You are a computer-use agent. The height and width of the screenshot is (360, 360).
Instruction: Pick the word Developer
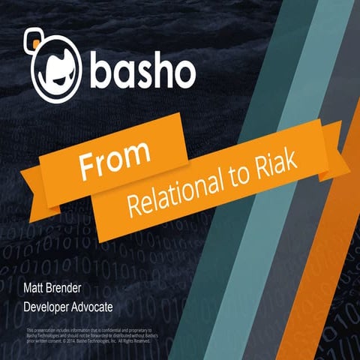coord(52,307)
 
